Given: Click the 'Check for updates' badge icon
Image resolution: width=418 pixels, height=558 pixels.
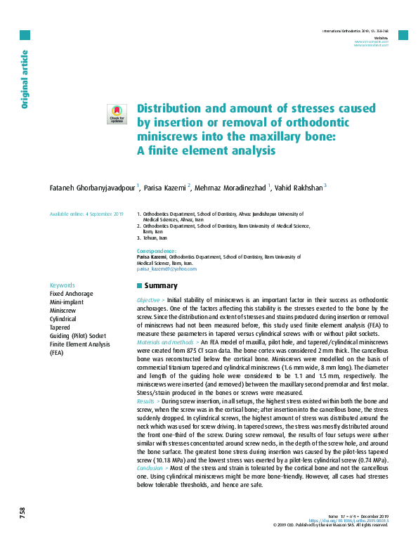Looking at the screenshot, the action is (x=116, y=114).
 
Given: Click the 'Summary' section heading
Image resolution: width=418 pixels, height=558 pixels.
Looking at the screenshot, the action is (x=160, y=286).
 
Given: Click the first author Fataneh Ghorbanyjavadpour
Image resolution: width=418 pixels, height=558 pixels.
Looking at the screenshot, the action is (x=92, y=188).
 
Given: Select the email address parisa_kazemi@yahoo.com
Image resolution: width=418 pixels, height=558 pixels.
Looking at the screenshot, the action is (x=166, y=268).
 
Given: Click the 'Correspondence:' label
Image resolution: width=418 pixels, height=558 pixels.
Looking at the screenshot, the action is (x=156, y=251).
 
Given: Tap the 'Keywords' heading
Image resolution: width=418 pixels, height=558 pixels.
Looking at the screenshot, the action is (x=63, y=285).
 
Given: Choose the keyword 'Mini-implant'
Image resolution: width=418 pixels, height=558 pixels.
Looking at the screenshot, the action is (x=67, y=301).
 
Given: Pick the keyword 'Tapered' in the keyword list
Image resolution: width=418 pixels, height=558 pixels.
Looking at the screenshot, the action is (x=60, y=327).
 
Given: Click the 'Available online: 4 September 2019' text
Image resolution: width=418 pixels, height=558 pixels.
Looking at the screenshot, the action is (x=86, y=214).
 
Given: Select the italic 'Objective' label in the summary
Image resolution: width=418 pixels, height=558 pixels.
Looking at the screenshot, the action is (x=150, y=299).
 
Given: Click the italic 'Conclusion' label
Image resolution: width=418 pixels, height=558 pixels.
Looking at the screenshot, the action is (x=151, y=468).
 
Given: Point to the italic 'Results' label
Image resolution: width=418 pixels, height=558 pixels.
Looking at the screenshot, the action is (x=147, y=401).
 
